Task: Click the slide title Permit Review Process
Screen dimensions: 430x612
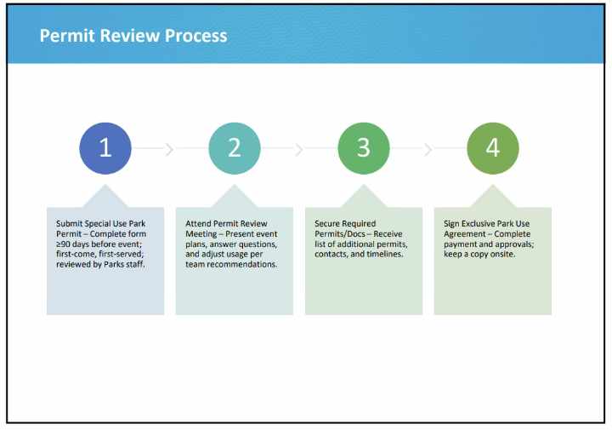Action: (x=133, y=36)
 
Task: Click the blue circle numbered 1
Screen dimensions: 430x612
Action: (x=105, y=148)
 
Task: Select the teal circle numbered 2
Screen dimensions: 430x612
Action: (x=235, y=148)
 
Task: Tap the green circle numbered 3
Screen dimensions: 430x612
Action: (x=364, y=148)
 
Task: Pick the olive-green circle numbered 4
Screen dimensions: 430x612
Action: (x=493, y=148)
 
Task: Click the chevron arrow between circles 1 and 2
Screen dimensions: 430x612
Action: (x=169, y=149)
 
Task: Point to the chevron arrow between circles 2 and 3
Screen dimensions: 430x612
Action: (x=298, y=149)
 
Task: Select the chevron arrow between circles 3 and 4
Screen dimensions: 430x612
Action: (x=428, y=149)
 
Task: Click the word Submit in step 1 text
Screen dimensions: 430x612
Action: (x=70, y=224)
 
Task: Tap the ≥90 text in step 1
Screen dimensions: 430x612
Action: (x=65, y=244)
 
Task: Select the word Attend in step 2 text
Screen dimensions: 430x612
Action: (x=198, y=224)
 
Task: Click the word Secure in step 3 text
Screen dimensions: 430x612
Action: (x=327, y=224)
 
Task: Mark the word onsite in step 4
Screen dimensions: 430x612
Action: (x=502, y=255)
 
